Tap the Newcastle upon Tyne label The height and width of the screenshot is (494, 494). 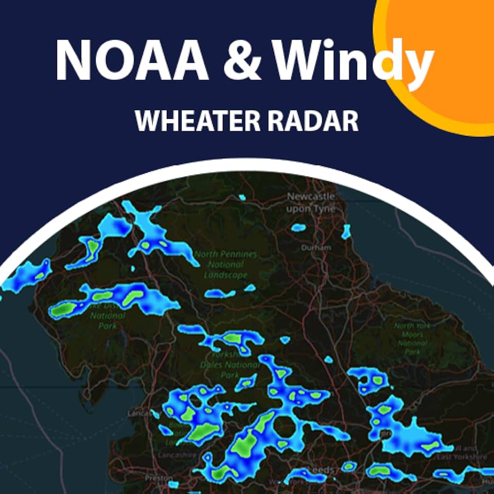(311, 202)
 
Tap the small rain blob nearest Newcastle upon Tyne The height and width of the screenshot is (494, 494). (298, 227)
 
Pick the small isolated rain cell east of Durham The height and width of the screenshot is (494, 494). (346, 233)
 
